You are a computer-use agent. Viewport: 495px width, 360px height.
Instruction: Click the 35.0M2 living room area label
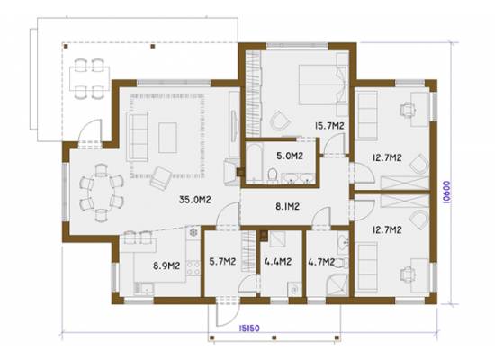pyautogui.click(x=194, y=200)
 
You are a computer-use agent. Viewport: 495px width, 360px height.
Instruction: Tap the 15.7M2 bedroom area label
pyautogui.click(x=329, y=126)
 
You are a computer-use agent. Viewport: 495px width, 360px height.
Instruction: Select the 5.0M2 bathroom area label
pyautogui.click(x=290, y=156)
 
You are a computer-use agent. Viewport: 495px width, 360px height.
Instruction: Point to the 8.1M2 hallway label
pyautogui.click(x=287, y=206)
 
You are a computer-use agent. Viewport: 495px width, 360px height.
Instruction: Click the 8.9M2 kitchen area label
pyautogui.click(x=166, y=265)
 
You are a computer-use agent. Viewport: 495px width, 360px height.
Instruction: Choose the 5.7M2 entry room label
pyautogui.click(x=222, y=262)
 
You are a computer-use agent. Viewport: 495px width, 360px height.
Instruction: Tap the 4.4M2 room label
pyautogui.click(x=278, y=262)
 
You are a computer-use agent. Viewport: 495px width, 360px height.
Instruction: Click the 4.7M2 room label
pyautogui.click(x=321, y=262)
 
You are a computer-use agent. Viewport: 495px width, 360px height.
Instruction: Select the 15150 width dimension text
pyautogui.click(x=249, y=328)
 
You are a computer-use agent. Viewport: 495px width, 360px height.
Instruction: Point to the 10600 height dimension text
pyautogui.click(x=447, y=192)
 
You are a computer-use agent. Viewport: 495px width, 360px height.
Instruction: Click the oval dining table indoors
pyautogui.click(x=102, y=192)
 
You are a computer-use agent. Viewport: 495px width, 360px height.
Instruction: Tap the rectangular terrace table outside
pyautogui.click(x=90, y=78)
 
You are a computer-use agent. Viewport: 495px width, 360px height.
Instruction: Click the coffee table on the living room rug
pyautogui.click(x=167, y=138)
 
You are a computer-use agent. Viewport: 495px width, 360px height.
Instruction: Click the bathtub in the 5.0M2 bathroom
pyautogui.click(x=255, y=163)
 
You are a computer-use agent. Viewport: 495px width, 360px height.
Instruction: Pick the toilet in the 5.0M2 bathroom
pyautogui.click(x=272, y=175)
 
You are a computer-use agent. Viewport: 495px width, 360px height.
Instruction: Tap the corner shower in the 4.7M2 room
pyautogui.click(x=337, y=285)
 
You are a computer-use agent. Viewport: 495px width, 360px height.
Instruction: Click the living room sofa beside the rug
pyautogui.click(x=137, y=137)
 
